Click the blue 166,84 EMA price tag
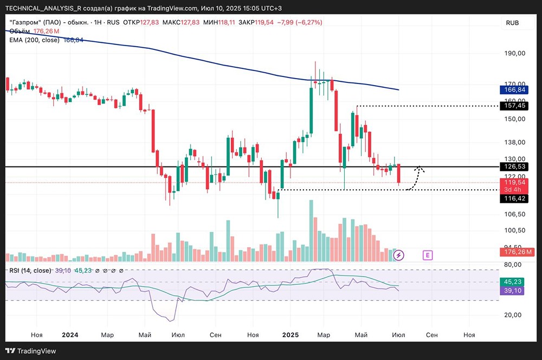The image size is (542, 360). pyautogui.click(x=514, y=89)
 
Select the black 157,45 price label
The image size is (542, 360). pyautogui.click(x=514, y=106)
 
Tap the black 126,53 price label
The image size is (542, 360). pyautogui.click(x=514, y=167)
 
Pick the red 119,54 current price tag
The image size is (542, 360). pyautogui.click(x=514, y=183)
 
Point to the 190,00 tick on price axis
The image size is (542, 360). pyautogui.click(x=514, y=54)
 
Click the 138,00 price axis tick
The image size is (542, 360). pyautogui.click(x=514, y=142)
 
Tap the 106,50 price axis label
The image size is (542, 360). pyautogui.click(x=514, y=214)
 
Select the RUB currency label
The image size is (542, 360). pyautogui.click(x=512, y=23)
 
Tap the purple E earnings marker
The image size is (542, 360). pyautogui.click(x=428, y=255)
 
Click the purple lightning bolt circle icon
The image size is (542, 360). pyautogui.click(x=399, y=255)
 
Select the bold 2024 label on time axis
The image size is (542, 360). pyautogui.click(x=70, y=335)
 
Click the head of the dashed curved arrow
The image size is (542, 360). pyautogui.click(x=420, y=169)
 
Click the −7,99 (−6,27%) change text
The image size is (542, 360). pyautogui.click(x=299, y=23)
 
